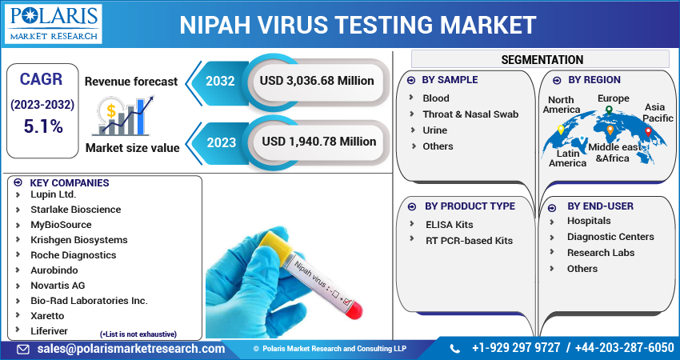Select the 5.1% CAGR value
[42, 126]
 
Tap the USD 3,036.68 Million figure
[316, 81]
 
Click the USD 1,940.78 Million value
[318, 142]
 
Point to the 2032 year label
[220, 81]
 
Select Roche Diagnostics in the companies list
[73, 255]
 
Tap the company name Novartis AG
[58, 286]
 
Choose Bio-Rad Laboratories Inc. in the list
[89, 301]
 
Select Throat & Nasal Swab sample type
[470, 114]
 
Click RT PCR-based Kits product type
[469, 240]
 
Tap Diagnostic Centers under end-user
[610, 237]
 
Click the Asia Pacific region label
[658, 113]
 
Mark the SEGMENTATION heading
[542, 60]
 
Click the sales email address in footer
[131, 349]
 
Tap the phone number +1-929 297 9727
[516, 349]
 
